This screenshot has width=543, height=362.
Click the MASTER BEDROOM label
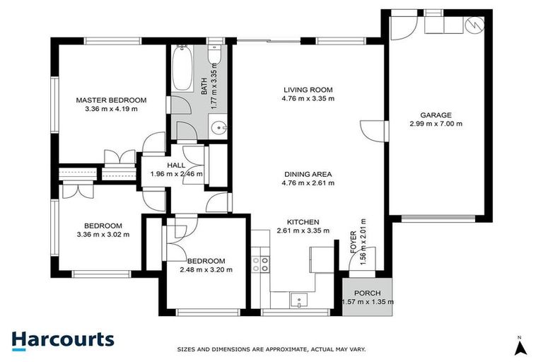pos(111,100)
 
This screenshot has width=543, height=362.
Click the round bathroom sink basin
pos(221,129)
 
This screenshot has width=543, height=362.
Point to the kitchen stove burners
pos(260,264)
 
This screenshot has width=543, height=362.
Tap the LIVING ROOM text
pos(308,90)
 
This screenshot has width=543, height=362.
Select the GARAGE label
pos(436,115)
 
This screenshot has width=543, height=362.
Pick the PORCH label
pos(368,293)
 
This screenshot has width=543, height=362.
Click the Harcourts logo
pos(62,339)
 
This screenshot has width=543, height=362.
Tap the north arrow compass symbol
pos(520,346)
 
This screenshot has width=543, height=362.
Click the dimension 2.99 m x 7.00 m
pos(436,124)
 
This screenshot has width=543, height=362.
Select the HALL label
pos(175,165)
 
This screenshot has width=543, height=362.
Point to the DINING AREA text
pos(308,174)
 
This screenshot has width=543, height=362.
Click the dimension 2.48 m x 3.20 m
pos(206,269)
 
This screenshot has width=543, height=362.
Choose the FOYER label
pos(354,241)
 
